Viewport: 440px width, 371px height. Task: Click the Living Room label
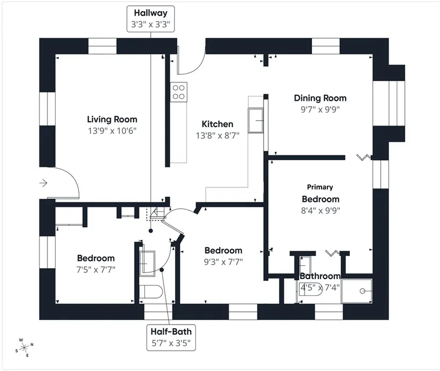click(x=112, y=120)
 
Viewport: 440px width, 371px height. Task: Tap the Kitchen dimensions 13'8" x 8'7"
click(x=218, y=136)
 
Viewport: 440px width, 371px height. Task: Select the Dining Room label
click(x=320, y=98)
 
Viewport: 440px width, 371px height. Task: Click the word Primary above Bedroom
click(x=320, y=187)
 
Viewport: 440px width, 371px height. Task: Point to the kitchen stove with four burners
click(x=179, y=92)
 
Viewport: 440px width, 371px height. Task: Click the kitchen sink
click(x=255, y=121)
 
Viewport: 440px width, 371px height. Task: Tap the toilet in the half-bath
click(x=151, y=292)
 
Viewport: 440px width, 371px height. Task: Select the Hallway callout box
click(x=151, y=19)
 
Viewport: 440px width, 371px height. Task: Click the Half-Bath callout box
click(x=171, y=337)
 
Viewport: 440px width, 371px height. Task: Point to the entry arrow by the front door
click(x=43, y=183)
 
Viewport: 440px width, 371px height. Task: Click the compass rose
click(x=25, y=348)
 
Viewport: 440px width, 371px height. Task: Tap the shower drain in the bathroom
click(x=362, y=291)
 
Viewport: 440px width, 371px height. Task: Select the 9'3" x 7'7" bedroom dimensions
click(x=223, y=262)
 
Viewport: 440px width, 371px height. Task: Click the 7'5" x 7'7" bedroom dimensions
click(x=96, y=270)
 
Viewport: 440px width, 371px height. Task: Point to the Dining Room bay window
click(x=389, y=103)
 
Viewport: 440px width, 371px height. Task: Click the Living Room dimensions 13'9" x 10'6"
click(x=112, y=131)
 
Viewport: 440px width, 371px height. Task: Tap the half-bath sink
click(x=147, y=264)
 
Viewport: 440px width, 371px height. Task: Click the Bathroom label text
click(x=320, y=276)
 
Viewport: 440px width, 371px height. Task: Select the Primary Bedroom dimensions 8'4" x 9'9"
click(x=321, y=210)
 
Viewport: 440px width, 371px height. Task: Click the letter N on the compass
click(x=31, y=345)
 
